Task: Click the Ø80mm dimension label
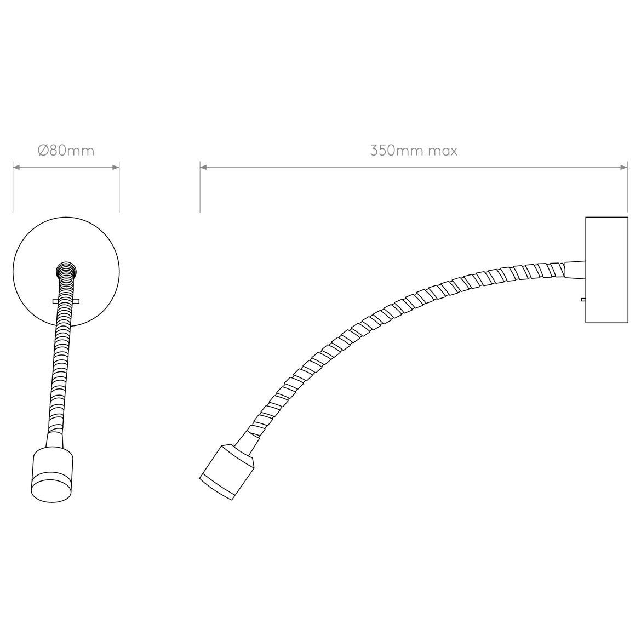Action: click(x=66, y=150)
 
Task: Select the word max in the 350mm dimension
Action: click(x=442, y=150)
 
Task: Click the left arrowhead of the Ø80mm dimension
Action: click(x=16, y=168)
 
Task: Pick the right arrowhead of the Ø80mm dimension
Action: click(x=116, y=168)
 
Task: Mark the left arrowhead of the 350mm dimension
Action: click(x=203, y=168)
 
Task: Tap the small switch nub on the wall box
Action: click(x=583, y=299)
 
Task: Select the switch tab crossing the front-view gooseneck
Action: click(x=66, y=301)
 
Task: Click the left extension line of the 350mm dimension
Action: click(x=200, y=189)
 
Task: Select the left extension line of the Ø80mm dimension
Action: click(x=13, y=189)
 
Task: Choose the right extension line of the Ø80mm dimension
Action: click(x=119, y=189)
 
